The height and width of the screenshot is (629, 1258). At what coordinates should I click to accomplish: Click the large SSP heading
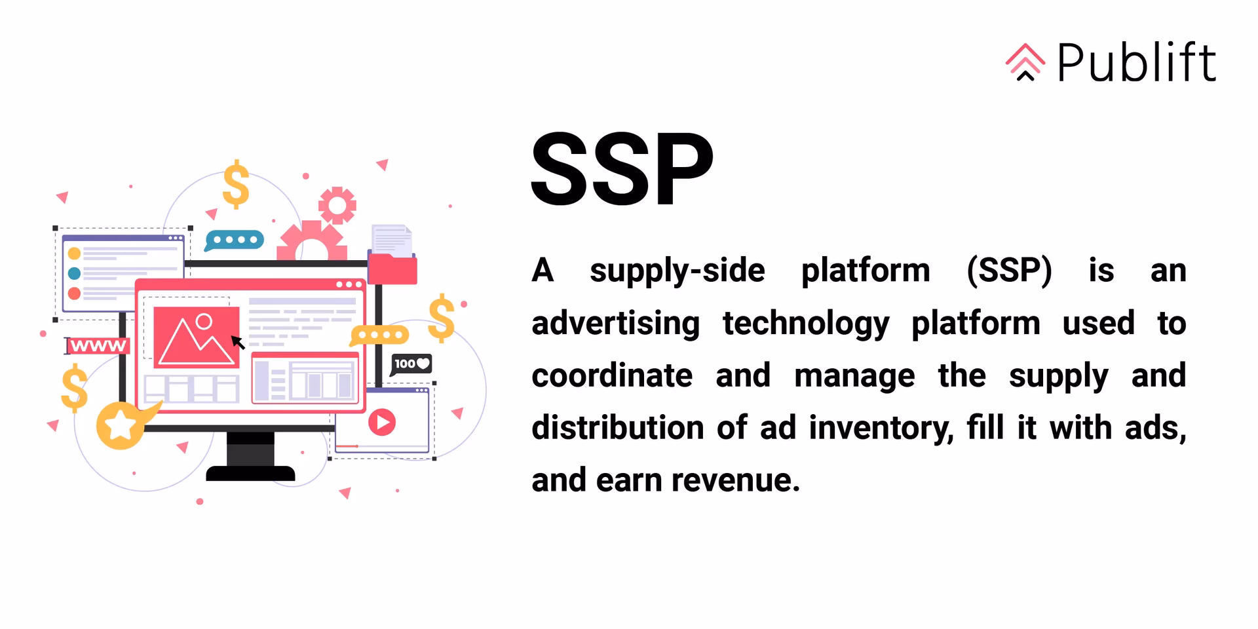tap(621, 169)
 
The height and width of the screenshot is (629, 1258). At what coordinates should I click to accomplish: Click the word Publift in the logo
tap(1136, 63)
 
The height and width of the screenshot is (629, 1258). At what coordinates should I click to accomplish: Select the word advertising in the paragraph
tap(615, 324)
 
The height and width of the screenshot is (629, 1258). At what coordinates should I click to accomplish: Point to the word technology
tap(806, 324)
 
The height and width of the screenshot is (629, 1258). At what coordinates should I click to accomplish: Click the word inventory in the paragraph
tap(881, 429)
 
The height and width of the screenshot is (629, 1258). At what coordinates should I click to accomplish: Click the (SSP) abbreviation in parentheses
tap(1009, 271)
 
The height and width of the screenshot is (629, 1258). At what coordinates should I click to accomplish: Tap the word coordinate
tap(611, 376)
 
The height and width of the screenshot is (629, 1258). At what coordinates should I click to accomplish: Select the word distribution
tap(617, 429)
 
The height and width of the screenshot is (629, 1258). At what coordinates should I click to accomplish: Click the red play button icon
tap(382, 422)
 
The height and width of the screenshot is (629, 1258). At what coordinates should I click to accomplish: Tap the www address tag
tap(98, 346)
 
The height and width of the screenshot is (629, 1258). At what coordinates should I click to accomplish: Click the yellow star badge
tap(121, 426)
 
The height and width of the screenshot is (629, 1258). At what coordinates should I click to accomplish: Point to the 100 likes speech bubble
tap(411, 364)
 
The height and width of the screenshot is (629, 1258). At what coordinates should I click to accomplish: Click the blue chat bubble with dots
tap(235, 240)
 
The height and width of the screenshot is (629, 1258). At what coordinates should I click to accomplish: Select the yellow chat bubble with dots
tap(380, 335)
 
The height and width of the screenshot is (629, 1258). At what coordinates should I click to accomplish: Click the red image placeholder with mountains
tap(196, 337)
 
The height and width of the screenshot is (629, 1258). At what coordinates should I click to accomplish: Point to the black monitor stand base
tap(250, 472)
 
